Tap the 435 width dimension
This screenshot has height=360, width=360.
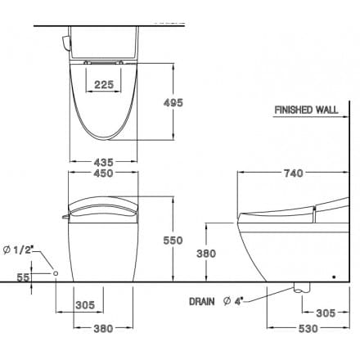point(102,163)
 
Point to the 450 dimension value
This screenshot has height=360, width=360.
point(102,173)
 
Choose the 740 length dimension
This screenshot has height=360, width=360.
point(292,173)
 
